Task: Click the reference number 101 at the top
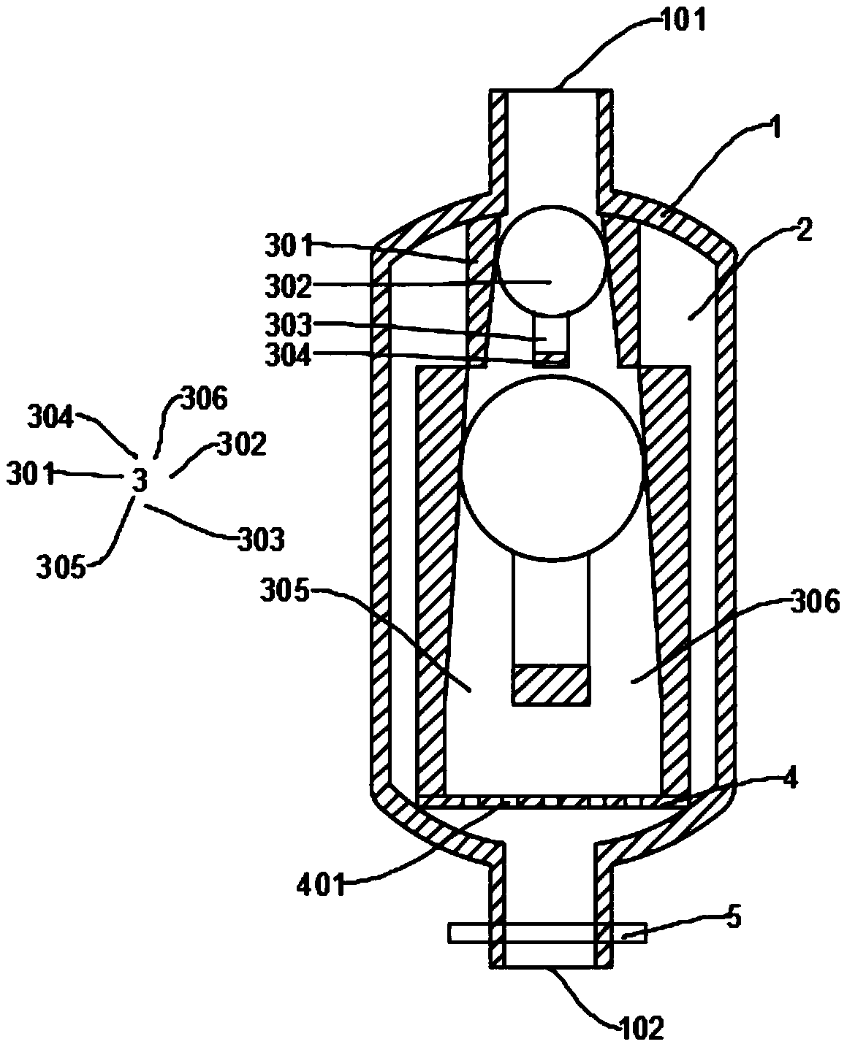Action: click(x=683, y=20)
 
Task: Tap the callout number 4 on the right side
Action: click(x=789, y=778)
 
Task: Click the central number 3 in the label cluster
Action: click(x=140, y=479)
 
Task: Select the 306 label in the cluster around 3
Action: click(x=204, y=398)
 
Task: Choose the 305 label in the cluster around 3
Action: click(x=60, y=567)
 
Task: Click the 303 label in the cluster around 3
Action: click(x=261, y=540)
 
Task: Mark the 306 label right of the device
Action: click(x=815, y=601)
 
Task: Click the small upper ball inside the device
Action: click(x=551, y=261)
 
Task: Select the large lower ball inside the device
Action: click(x=552, y=468)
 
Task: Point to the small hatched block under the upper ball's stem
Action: click(x=551, y=359)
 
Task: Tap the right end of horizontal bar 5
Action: click(x=646, y=933)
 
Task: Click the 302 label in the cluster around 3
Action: click(x=242, y=445)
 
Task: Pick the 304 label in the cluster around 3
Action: click(x=50, y=418)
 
